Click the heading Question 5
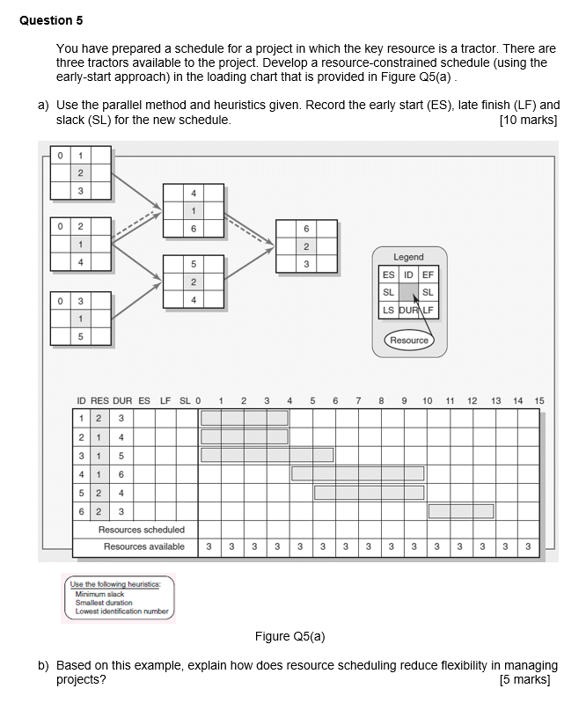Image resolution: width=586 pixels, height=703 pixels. click(52, 19)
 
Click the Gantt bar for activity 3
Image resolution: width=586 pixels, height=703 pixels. click(267, 455)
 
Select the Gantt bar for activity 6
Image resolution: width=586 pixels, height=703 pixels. click(460, 511)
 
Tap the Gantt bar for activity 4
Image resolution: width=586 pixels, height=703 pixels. click(357, 473)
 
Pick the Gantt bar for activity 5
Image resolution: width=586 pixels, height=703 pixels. click(369, 492)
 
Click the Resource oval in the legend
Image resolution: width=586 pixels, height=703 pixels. click(408, 340)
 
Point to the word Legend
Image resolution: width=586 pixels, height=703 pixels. click(408, 257)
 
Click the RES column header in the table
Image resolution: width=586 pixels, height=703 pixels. click(99, 401)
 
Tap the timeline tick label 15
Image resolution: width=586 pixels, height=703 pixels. click(539, 401)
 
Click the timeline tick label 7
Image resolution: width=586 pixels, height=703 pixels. click(358, 401)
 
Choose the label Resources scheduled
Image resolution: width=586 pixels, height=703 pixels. click(141, 530)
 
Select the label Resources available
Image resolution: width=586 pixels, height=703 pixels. click(143, 547)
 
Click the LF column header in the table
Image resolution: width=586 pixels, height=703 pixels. click(165, 401)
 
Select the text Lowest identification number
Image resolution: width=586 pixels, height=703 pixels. click(121, 611)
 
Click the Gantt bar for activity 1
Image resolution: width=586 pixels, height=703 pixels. click(244, 418)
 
